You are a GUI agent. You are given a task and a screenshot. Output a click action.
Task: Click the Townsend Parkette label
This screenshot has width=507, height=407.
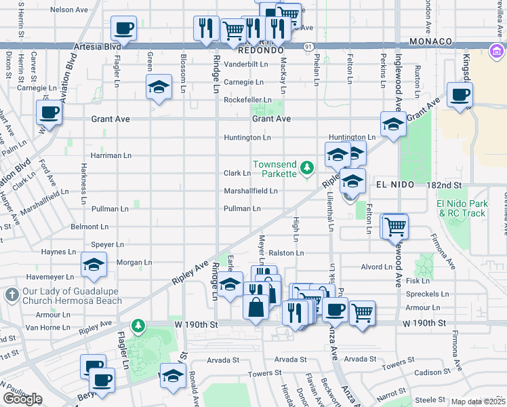[x=275, y=169]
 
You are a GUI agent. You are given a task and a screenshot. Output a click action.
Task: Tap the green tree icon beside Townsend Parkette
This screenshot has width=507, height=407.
[x=307, y=167]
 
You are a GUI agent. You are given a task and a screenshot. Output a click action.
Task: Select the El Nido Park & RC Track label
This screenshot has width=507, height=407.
[x=462, y=208]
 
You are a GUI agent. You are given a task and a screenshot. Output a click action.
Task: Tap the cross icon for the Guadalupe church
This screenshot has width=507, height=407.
[x=11, y=295]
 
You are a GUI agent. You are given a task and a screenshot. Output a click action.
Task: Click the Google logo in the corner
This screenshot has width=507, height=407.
[x=22, y=399]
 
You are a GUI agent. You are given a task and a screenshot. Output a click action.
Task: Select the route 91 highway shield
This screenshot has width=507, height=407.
[x=308, y=46]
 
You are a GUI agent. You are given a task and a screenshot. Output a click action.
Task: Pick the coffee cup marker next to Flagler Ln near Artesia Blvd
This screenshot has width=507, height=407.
[x=123, y=29]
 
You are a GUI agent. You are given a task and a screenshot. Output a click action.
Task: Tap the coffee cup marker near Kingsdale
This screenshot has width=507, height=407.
[x=460, y=95]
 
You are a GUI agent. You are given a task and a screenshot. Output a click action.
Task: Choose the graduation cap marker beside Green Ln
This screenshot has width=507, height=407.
[x=159, y=88]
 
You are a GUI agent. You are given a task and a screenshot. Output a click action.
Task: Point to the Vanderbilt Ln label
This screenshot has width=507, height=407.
[x=247, y=64]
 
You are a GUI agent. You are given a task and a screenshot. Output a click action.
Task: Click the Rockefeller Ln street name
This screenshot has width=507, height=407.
[x=247, y=100]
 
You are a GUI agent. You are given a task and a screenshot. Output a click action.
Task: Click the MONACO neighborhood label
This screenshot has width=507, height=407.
[x=430, y=41]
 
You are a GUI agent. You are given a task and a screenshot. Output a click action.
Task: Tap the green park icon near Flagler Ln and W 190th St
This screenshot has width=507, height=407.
[x=139, y=326]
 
